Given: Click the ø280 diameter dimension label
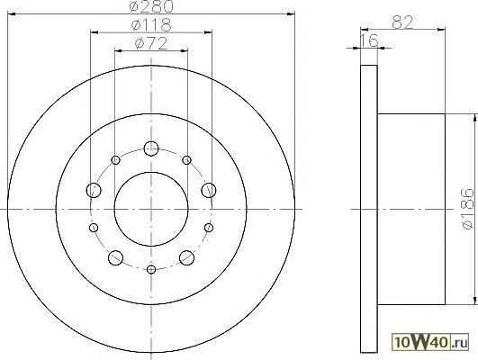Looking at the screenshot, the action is pyautogui.click(x=151, y=6).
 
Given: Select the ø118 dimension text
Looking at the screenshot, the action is pyautogui.click(x=151, y=25).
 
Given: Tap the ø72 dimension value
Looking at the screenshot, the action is pyautogui.click(x=151, y=43).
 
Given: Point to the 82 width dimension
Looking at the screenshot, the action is pyautogui.click(x=402, y=22).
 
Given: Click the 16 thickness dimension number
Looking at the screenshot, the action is pyautogui.click(x=369, y=40).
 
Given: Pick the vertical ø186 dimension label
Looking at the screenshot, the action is pyautogui.click(x=468, y=209).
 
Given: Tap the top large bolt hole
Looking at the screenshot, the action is pyautogui.click(x=151, y=149).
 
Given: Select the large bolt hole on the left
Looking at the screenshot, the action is pyautogui.click(x=94, y=190).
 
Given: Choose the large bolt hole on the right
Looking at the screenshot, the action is pyautogui.click(x=209, y=190).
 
